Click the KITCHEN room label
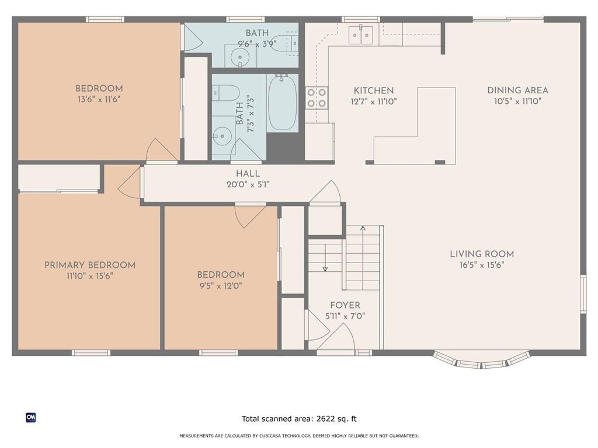[x=373, y=90]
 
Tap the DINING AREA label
[x=517, y=90]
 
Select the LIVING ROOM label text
[x=482, y=254]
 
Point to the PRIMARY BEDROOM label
[x=90, y=265]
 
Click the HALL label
[x=248, y=174]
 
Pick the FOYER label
[x=345, y=305]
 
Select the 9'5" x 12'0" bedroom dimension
[x=221, y=286]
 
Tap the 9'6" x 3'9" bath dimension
[x=257, y=44]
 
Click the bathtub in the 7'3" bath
[x=283, y=103]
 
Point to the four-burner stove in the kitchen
[x=317, y=98]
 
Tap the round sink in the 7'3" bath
[x=222, y=136]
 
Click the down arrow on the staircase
[x=325, y=258]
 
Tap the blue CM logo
[x=31, y=418]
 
